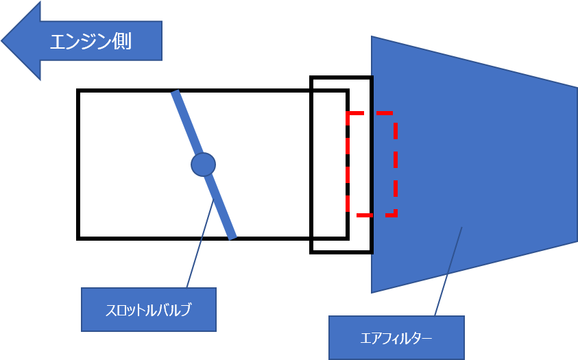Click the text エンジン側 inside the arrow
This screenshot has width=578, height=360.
[x=90, y=41]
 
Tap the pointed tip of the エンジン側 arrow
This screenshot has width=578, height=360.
[x=4, y=40]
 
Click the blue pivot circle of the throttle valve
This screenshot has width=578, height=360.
[x=203, y=165]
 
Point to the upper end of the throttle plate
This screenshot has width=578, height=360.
[x=176, y=93]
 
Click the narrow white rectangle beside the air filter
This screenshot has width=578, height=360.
[x=329, y=165]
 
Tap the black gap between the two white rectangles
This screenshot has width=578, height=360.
[x=311, y=165]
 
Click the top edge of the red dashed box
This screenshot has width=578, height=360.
[x=370, y=112]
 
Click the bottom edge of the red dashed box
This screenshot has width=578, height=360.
[x=370, y=215]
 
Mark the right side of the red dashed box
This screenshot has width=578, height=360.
[x=395, y=165]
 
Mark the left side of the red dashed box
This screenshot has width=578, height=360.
[x=348, y=165]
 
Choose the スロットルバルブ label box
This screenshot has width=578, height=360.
[x=148, y=309]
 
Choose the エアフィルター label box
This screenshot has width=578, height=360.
[x=396, y=337]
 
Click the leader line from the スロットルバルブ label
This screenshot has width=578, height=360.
[x=199, y=247]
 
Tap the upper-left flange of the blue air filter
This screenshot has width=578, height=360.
[x=373, y=55]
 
